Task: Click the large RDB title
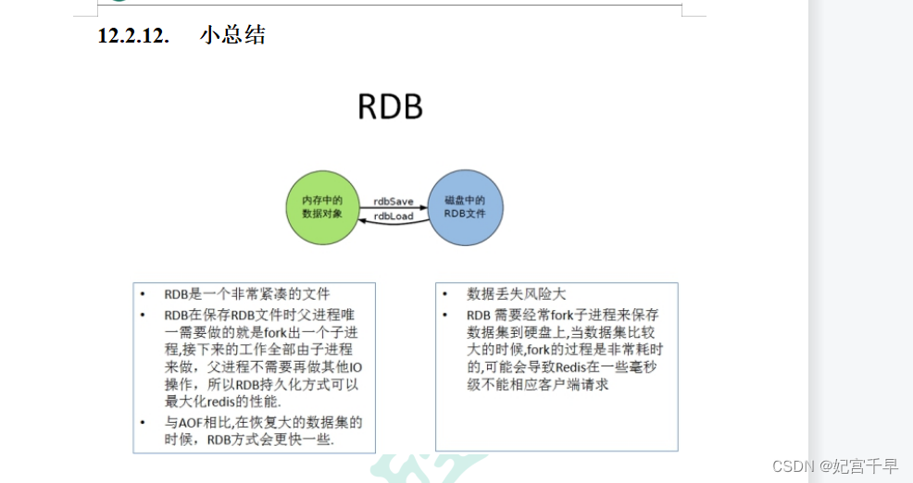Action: point(390,107)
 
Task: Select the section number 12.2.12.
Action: point(133,36)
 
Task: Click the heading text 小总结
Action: point(232,36)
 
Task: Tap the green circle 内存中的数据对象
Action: point(321,206)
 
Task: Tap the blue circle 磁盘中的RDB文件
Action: point(465,206)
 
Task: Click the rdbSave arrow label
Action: point(394,200)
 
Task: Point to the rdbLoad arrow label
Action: point(394,217)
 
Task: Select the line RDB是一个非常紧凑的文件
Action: point(246,294)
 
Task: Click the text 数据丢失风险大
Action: point(516,294)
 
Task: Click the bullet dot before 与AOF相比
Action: point(143,422)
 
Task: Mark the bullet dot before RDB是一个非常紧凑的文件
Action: point(143,294)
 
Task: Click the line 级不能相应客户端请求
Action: point(537,385)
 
